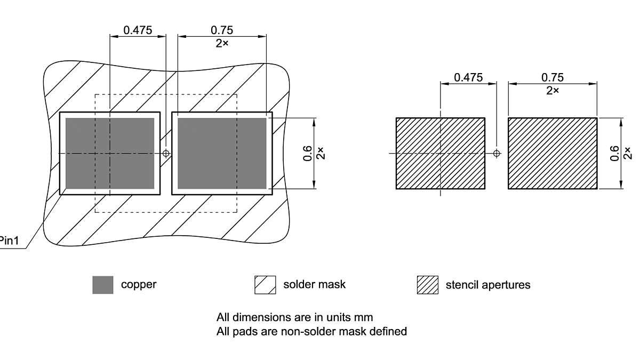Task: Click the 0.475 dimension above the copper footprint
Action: pos(138,30)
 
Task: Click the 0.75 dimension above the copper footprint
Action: pos(222,30)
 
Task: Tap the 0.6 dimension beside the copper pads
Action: pos(308,154)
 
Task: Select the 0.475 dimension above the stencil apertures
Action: pos(468,77)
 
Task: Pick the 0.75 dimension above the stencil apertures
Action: pos(553,77)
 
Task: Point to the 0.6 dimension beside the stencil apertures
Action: pos(615,154)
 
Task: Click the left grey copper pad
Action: pos(110,154)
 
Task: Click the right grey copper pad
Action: pos(222,154)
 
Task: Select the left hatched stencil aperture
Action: pos(440,154)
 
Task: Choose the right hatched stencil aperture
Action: pos(553,154)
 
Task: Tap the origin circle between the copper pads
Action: pos(166,154)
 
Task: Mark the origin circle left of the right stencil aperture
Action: pos(497,154)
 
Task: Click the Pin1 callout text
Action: pos(10,241)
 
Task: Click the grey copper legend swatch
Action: pos(103,285)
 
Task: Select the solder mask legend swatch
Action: pos(265,285)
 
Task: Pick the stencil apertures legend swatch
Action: pos(427,285)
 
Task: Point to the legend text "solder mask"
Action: pos(314,284)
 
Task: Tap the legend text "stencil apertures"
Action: pos(488,285)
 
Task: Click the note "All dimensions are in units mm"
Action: pos(294,317)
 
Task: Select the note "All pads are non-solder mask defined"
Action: pos(311,332)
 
